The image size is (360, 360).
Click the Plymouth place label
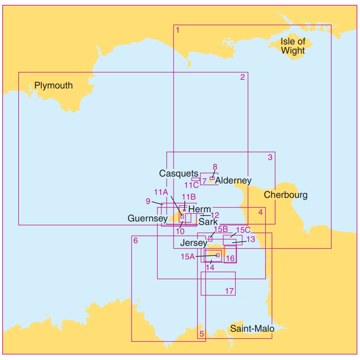point(54,85)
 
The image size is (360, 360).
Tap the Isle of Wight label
point(293,46)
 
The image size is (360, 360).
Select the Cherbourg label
point(285,195)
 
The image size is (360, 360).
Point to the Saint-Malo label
point(252,329)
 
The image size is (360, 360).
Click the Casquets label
point(179,173)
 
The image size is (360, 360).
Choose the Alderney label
point(233,180)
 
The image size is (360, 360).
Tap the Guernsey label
point(148,218)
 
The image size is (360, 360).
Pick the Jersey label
point(194,243)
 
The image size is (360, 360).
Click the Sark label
point(208,221)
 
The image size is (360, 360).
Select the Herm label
point(200,209)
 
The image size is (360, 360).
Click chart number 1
point(177,30)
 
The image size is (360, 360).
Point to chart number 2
point(242,77)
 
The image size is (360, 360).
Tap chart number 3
point(270,157)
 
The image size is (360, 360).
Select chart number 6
point(136,241)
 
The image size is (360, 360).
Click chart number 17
point(230,291)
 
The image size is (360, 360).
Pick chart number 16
point(231,258)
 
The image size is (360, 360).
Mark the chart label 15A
point(187,257)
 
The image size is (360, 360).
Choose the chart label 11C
point(191,185)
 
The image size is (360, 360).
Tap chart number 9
point(148,201)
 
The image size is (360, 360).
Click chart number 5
point(201,334)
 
